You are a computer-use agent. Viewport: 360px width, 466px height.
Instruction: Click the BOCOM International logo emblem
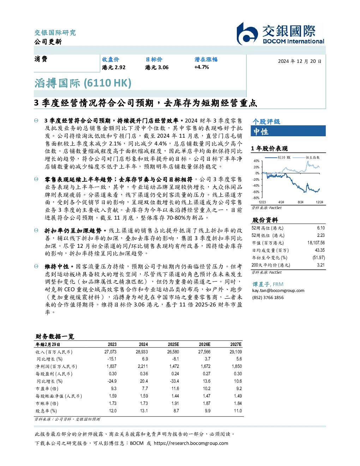tap(247, 34)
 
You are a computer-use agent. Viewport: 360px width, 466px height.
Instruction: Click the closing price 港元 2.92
tap(114, 67)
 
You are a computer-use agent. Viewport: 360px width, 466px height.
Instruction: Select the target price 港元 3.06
tap(157, 67)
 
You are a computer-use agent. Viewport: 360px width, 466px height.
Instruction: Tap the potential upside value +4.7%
tap(202, 67)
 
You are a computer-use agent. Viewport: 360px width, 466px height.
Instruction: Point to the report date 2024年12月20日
tap(300, 61)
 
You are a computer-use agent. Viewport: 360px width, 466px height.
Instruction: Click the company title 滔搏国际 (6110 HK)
tap(83, 83)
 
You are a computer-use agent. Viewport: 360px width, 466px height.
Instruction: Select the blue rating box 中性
tap(288, 131)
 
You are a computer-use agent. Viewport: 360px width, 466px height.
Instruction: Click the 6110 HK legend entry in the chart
tap(278, 157)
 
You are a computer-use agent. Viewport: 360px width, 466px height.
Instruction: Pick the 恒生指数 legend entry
tap(306, 157)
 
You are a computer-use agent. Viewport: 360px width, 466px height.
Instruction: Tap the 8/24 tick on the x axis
tap(300, 202)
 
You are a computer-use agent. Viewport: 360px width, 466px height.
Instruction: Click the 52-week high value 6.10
tap(321, 228)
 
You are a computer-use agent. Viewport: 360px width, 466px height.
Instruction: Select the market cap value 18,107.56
tap(316, 243)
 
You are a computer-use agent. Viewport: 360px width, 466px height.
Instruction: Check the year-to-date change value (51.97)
tap(319, 258)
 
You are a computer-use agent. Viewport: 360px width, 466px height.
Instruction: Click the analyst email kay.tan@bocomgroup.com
tap(278, 291)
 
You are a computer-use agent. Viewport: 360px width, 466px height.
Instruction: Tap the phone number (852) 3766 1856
tap(268, 298)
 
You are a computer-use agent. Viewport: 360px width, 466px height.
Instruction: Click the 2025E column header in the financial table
tap(173, 345)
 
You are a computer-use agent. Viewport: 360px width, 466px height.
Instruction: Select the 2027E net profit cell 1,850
tap(237, 366)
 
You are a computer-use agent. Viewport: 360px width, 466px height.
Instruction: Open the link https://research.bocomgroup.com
tap(191, 443)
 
